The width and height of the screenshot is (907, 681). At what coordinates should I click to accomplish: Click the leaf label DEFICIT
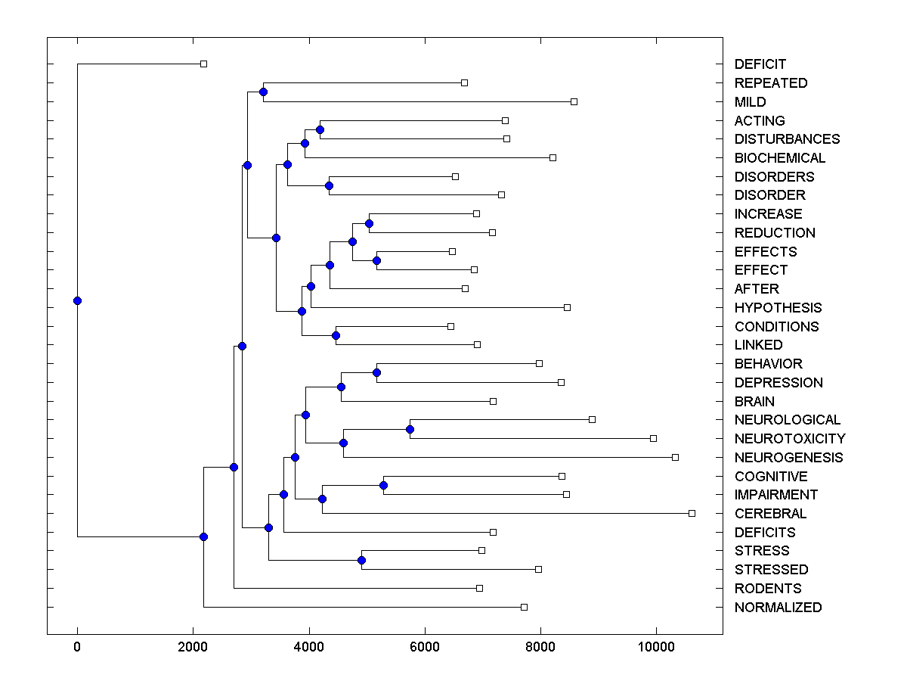click(760, 64)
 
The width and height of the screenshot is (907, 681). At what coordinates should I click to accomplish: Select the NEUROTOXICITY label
click(790, 439)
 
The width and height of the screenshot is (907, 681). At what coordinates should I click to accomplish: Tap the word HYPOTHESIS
click(778, 308)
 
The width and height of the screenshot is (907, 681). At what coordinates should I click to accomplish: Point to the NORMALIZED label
click(778, 608)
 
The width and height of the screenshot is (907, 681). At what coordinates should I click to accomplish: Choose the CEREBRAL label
click(770, 514)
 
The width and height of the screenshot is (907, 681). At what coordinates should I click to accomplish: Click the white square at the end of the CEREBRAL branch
click(692, 513)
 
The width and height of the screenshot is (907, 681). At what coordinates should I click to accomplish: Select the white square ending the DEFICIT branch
click(203, 64)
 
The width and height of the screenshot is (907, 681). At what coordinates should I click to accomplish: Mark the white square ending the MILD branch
click(574, 101)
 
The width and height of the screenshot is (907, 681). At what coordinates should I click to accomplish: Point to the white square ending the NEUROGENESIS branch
click(675, 457)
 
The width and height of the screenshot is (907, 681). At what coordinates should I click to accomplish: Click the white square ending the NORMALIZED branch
click(524, 607)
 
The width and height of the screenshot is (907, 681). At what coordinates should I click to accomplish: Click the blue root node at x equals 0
click(77, 300)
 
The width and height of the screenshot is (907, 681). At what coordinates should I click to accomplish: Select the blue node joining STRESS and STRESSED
click(361, 560)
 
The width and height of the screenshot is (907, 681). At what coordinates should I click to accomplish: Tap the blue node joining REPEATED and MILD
click(263, 92)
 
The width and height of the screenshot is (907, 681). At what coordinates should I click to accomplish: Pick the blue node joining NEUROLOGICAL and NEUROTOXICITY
click(410, 429)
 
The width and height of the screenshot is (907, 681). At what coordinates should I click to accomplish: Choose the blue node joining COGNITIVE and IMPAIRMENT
click(383, 485)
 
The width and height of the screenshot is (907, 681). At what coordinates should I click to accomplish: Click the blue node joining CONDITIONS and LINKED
click(336, 335)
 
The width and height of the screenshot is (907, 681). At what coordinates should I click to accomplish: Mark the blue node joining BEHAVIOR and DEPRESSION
click(376, 372)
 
